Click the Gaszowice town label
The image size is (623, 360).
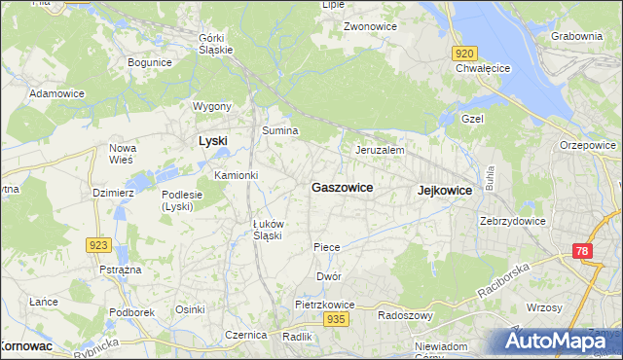pyautogui.click(x=342, y=187)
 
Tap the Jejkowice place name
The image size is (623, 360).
pyautogui.click(x=444, y=191)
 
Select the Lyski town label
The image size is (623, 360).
pyautogui.click(x=212, y=140)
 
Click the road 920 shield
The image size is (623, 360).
pyautogui.click(x=465, y=54)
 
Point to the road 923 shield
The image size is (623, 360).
pyautogui.click(x=98, y=245)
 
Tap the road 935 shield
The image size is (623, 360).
pyautogui.click(x=337, y=319)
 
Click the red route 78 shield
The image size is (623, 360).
pyautogui.click(x=582, y=252)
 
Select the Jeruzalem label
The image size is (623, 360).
pyautogui.click(x=380, y=151)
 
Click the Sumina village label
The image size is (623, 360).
pyautogui.click(x=279, y=129)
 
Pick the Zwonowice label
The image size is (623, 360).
pyautogui.click(x=370, y=27)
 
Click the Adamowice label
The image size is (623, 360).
pyautogui.click(x=55, y=93)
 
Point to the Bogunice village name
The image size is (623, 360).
pyautogui.click(x=150, y=62)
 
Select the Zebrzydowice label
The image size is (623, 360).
pyautogui.click(x=512, y=221)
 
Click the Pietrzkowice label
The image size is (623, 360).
pyautogui.click(x=325, y=305)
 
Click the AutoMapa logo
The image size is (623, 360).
pyautogui.click(x=552, y=341)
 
